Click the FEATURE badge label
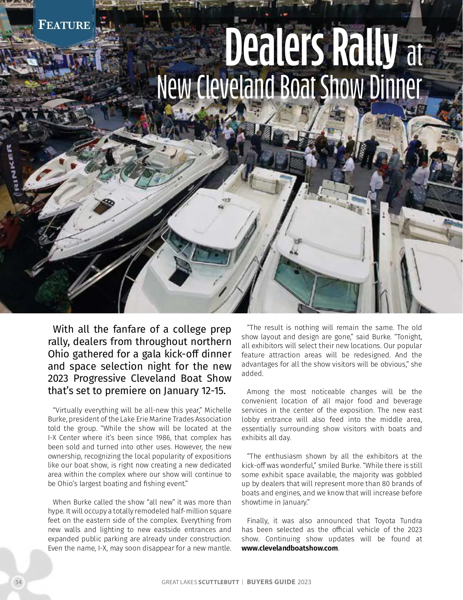[x=64, y=25]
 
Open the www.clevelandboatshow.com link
[x=290, y=548]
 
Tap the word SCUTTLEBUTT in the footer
[x=218, y=582]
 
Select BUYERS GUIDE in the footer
[x=271, y=582]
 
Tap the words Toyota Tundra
[x=398, y=520]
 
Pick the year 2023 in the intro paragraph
[x=58, y=378]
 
